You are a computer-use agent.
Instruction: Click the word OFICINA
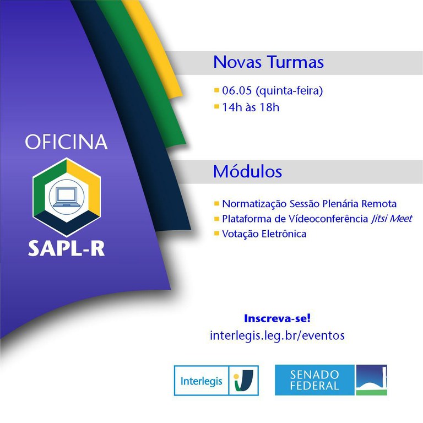(x=66, y=142)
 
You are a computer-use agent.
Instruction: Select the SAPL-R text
(x=66, y=247)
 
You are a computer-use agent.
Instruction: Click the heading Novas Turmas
(x=268, y=62)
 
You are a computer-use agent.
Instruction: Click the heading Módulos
(x=247, y=171)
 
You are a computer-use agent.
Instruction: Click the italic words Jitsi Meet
(x=392, y=219)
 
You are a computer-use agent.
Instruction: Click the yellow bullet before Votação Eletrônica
(x=216, y=233)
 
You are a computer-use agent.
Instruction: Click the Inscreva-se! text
(x=277, y=318)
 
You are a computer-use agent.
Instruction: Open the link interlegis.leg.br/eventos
(x=277, y=335)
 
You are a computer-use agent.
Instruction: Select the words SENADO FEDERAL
(x=314, y=380)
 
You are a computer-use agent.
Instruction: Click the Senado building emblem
(x=371, y=380)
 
